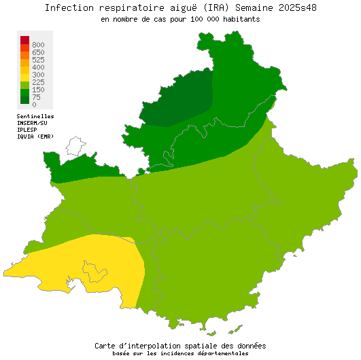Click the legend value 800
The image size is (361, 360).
click(x=38, y=45)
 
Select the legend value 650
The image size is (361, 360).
click(x=38, y=52)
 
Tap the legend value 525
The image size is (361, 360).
click(x=38, y=60)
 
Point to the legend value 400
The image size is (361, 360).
click(x=38, y=67)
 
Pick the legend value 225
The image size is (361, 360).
click(x=38, y=82)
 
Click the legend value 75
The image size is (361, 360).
click(x=36, y=97)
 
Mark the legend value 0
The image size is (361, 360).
click(x=34, y=105)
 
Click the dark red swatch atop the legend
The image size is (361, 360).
click(x=24, y=39)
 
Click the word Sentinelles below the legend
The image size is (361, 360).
click(x=35, y=116)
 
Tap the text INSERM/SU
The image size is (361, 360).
click(x=33, y=123)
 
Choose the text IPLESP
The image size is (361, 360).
click(x=27, y=130)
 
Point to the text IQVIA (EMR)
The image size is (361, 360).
click(x=35, y=137)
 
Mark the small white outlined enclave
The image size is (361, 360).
click(x=75, y=145)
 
